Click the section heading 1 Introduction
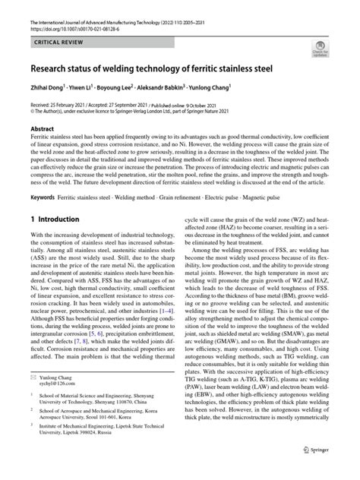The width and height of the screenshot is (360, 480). (55, 219)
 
